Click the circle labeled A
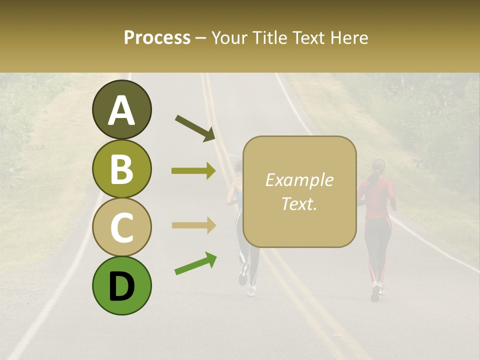pyautogui.click(x=121, y=109)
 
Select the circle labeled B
pyautogui.click(x=121, y=168)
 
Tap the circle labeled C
pyautogui.click(x=121, y=227)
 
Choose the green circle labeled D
pyautogui.click(x=121, y=285)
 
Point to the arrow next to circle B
pyautogui.click(x=193, y=171)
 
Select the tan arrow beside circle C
pyautogui.click(x=193, y=225)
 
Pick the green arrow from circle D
pyautogui.click(x=195, y=263)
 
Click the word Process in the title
pyautogui.click(x=157, y=38)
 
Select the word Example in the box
pyautogui.click(x=299, y=180)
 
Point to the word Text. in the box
pyautogui.click(x=299, y=204)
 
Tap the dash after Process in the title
pyautogui.click(x=201, y=38)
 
